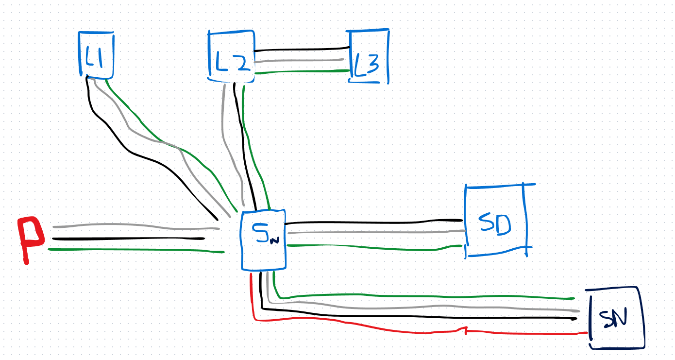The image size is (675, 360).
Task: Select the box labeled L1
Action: (x=96, y=54)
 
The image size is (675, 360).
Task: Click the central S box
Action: (x=263, y=240)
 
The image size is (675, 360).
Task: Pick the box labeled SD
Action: (x=494, y=221)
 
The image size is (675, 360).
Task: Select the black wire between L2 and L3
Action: (x=301, y=50)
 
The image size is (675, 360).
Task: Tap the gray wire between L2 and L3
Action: (x=301, y=61)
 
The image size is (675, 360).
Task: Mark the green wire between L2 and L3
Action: (x=301, y=72)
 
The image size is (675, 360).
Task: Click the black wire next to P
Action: (x=126, y=239)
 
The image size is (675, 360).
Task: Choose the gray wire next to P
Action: (x=126, y=225)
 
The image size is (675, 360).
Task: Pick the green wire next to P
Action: (x=126, y=250)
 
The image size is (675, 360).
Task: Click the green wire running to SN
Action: (x=418, y=295)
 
